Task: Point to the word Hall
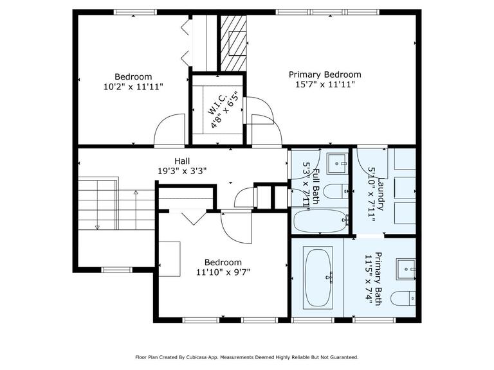pyautogui.click(x=182, y=161)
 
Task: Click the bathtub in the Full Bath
pyautogui.click(x=320, y=222)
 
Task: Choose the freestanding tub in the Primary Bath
pyautogui.click(x=318, y=277)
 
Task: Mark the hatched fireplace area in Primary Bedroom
pyautogui.click(x=233, y=42)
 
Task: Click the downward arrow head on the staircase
pyautogui.click(x=97, y=227)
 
